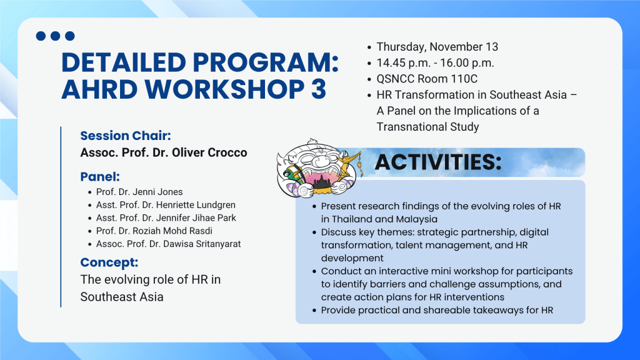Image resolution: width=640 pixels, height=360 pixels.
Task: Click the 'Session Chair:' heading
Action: coord(125,136)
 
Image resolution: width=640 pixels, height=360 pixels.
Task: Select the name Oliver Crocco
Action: coord(209,152)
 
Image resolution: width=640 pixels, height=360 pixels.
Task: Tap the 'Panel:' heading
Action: coord(100,177)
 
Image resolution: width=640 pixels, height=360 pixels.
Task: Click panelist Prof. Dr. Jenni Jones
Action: coord(139,192)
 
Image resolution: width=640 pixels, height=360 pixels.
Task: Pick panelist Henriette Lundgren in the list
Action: coord(166,205)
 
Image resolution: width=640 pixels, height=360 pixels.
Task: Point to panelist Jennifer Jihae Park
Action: coord(166,218)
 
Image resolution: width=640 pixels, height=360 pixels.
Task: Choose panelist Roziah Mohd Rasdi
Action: coord(154,231)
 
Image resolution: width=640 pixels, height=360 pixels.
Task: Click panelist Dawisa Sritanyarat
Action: coord(168,244)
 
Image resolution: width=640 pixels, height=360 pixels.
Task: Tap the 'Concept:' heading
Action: coord(109,262)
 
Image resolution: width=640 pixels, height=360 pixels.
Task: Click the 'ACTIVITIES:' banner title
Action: coord(438,162)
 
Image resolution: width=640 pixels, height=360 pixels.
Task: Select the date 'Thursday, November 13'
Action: coord(437,47)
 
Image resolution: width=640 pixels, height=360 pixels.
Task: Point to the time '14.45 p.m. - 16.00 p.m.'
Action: coord(435,63)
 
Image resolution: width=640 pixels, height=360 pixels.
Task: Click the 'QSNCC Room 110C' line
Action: coord(427,79)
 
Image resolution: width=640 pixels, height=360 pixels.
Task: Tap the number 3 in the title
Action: coord(318,89)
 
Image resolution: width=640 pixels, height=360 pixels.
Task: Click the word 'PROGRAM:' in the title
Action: coord(266,63)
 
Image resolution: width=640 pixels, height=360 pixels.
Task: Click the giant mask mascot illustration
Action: coord(319,169)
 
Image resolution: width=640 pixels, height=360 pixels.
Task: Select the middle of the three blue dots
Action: coord(55,36)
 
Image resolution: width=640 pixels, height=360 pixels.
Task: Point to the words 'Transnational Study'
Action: coord(427,126)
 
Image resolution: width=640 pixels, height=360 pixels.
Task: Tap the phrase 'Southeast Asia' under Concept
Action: coord(122,297)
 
